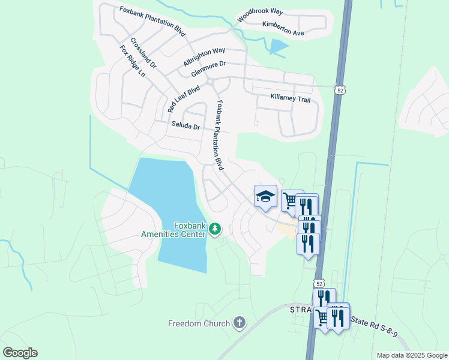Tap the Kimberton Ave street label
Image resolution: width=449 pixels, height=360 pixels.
283,28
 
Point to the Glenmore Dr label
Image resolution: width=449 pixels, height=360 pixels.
208,69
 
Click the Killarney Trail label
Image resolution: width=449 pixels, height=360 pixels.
291,98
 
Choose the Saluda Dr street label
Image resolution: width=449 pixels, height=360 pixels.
185,126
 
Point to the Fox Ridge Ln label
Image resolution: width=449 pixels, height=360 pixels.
133,61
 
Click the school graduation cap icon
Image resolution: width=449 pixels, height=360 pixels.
265,196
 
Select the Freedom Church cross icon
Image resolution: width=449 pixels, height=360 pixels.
239,323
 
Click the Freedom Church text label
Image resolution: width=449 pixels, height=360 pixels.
199,324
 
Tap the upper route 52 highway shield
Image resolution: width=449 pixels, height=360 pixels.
340,90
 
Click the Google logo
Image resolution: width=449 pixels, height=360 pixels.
20,353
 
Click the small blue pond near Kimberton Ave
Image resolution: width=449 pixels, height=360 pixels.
279,47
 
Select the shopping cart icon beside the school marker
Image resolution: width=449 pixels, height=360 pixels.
291,199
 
